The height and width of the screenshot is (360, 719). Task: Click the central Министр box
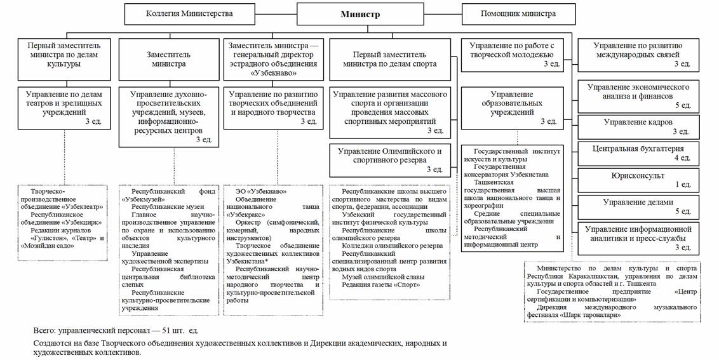pos(359,14)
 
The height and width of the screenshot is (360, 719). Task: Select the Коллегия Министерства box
pos(189,13)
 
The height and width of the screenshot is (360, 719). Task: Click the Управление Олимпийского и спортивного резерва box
pos(389,160)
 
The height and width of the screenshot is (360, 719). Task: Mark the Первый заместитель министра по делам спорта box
pos(389,59)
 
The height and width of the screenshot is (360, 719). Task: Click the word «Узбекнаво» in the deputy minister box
pos(274,72)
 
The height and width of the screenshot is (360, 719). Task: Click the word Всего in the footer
pos(44,331)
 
